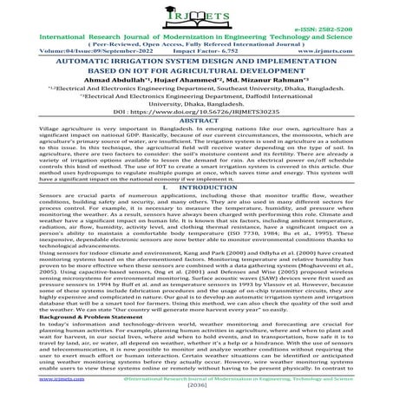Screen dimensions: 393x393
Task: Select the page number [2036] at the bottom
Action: coord(196,386)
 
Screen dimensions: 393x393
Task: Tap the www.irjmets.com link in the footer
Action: coord(25,379)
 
